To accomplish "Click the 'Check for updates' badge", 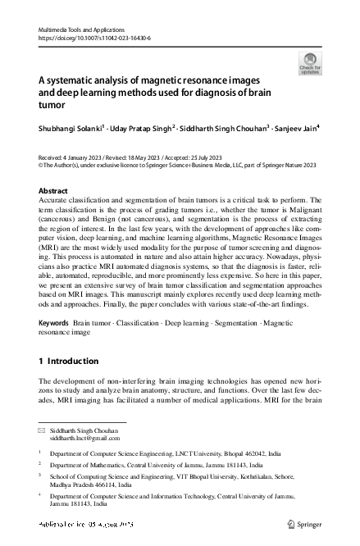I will [309, 63].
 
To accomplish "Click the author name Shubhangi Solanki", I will [71, 128].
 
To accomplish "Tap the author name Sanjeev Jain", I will [296, 128].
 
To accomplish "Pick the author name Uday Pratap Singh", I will [145, 128].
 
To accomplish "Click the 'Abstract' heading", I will [54, 189].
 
